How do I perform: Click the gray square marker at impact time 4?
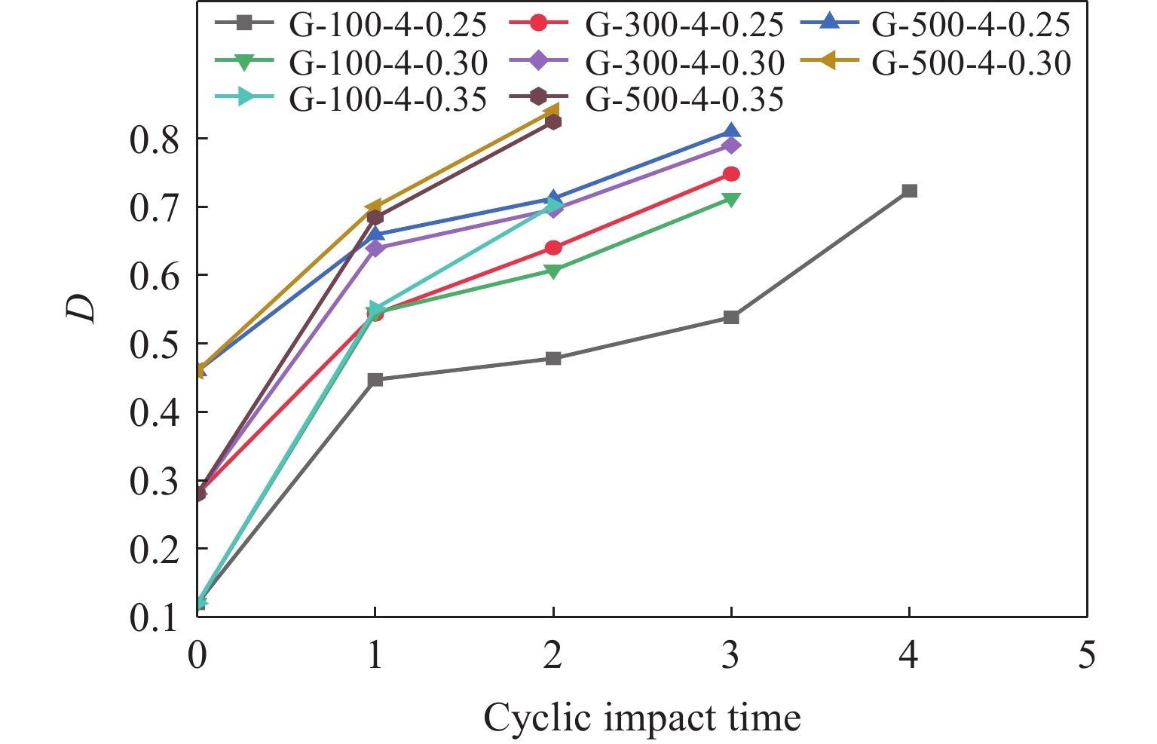(909, 191)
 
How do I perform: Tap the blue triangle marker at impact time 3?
(731, 133)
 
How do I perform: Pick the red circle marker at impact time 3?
(731, 174)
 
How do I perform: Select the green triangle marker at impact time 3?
(731, 200)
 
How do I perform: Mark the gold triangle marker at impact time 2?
(552, 112)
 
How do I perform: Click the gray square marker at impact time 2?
(553, 358)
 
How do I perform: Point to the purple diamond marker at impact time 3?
(731, 145)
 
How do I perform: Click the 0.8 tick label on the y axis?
(155, 140)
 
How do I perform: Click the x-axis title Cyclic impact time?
(641, 718)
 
